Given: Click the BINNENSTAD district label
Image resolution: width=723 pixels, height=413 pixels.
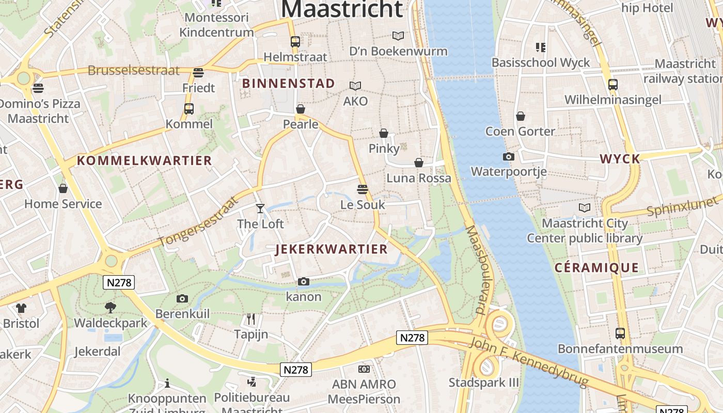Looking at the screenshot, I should tap(289, 84).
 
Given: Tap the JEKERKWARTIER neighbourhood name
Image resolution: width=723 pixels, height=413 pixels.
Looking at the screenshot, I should tap(332, 249).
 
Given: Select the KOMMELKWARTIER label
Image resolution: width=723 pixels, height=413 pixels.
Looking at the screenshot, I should tap(145, 161).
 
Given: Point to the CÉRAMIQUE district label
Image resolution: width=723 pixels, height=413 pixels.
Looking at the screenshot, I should tap(596, 267).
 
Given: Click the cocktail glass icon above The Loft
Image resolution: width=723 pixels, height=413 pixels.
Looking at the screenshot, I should tap(260, 208).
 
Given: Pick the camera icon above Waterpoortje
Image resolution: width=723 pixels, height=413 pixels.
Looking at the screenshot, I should tap(509, 156).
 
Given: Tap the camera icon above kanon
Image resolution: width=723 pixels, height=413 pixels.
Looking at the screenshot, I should tap(304, 281).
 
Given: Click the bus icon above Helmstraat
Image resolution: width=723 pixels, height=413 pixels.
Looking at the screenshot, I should tap(295, 41).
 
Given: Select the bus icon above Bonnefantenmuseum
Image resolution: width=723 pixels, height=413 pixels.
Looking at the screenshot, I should tap(620, 333).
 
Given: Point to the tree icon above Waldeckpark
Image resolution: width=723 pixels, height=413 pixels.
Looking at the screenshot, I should tap(111, 308).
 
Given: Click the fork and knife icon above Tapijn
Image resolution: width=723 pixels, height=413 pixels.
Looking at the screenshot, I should tap(251, 319).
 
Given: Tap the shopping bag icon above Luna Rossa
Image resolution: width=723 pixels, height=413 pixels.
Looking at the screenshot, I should tap(419, 163).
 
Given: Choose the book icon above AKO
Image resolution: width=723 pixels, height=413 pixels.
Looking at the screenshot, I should tap(355, 86).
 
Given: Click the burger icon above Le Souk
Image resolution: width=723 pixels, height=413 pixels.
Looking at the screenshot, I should tap(363, 189).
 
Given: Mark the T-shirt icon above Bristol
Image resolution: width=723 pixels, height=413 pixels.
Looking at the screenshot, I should tap(21, 308).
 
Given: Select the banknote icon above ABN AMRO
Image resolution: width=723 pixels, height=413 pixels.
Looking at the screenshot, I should tap(364, 369).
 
